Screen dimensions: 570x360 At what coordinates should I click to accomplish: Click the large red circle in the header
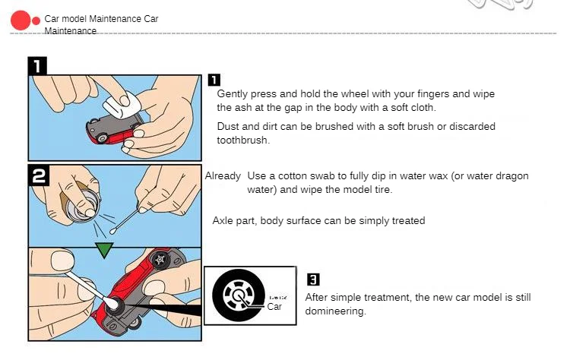[21, 21]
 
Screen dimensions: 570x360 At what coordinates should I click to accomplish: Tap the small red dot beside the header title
[36, 21]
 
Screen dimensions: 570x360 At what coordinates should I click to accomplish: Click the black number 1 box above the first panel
[37, 66]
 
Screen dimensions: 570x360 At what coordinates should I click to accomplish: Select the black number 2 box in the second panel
[39, 175]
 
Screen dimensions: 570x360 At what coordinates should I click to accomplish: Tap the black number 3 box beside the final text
[313, 279]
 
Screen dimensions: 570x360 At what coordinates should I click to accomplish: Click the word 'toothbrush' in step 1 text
[242, 141]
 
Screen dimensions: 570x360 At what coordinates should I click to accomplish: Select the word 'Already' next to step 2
[223, 176]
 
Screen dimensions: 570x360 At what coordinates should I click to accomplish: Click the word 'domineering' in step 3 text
[334, 311]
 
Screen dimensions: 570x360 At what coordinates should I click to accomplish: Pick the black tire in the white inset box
[239, 295]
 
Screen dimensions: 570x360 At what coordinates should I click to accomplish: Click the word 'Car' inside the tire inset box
[274, 307]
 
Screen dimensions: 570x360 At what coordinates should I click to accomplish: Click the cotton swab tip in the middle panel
[113, 230]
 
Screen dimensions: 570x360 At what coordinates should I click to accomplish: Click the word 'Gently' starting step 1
[232, 94]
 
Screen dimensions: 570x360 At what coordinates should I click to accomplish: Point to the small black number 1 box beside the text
[214, 80]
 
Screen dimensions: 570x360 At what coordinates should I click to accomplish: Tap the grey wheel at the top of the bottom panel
[160, 260]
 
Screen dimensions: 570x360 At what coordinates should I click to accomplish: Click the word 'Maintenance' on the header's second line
[70, 31]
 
